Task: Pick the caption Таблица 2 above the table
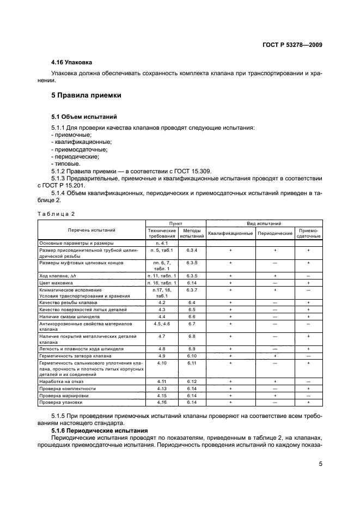click(56, 214)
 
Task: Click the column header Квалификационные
click(230, 233)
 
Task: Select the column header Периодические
click(275, 233)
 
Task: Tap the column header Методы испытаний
click(192, 233)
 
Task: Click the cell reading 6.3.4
click(192, 250)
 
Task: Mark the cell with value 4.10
click(162, 362)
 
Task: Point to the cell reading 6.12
click(192, 381)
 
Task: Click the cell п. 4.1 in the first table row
click(162, 242)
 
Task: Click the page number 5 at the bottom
click(320, 465)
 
